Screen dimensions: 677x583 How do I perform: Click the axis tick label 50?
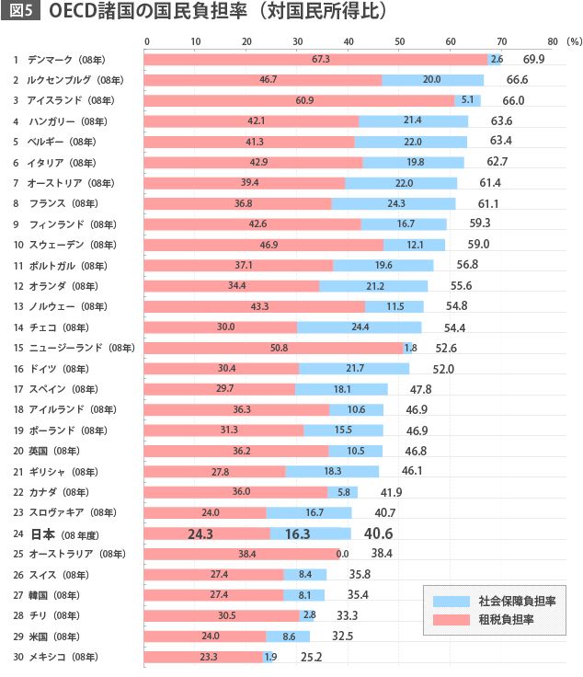click(x=399, y=41)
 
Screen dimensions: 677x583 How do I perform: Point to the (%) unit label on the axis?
click(x=574, y=41)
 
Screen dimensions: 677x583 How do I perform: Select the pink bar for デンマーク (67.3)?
click(x=316, y=59)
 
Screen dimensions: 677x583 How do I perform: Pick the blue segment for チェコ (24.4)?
click(x=359, y=327)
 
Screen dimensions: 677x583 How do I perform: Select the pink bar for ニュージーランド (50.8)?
click(x=274, y=348)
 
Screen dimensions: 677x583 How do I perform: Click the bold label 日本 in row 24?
click(x=43, y=534)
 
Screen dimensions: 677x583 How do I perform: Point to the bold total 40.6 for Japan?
click(x=379, y=534)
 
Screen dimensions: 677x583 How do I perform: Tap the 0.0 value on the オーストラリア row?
click(x=343, y=554)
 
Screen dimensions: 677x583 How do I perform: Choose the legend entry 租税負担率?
click(x=510, y=620)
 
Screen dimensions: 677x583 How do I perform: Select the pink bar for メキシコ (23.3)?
click(x=204, y=657)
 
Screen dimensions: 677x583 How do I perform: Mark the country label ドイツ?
click(x=43, y=368)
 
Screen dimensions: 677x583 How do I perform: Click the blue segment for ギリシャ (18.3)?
click(x=332, y=471)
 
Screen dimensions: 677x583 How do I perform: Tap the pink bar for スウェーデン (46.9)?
click(x=264, y=245)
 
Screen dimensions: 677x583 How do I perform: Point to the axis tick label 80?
click(x=552, y=41)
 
